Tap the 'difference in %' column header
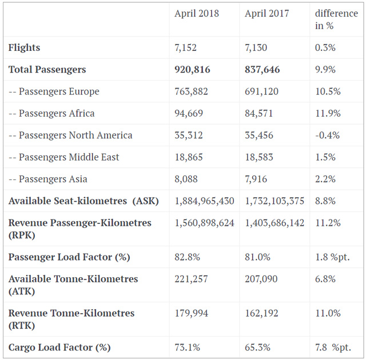(x=336, y=19)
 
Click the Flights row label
(x=24, y=48)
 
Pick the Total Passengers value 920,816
(x=192, y=70)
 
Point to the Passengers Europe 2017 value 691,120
(x=262, y=91)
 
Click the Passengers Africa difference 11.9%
(x=328, y=113)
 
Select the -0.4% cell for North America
(x=327, y=135)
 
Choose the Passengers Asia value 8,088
(x=186, y=179)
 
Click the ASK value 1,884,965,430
(x=204, y=201)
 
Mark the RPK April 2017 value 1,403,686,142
(x=274, y=223)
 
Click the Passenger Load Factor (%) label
(x=69, y=257)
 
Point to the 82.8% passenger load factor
(x=187, y=257)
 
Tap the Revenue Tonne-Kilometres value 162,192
(x=262, y=313)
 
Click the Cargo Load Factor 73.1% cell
(x=187, y=347)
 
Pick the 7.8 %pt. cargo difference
(x=333, y=347)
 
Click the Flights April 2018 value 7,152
(x=186, y=48)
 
